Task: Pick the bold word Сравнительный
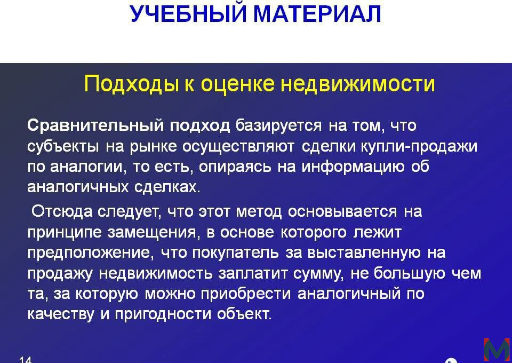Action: point(95,125)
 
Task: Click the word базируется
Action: point(278,126)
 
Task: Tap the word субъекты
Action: point(63,146)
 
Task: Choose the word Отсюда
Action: point(62,211)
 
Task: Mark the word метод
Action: point(259,212)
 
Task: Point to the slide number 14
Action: point(26,360)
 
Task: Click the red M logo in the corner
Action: point(497,350)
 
